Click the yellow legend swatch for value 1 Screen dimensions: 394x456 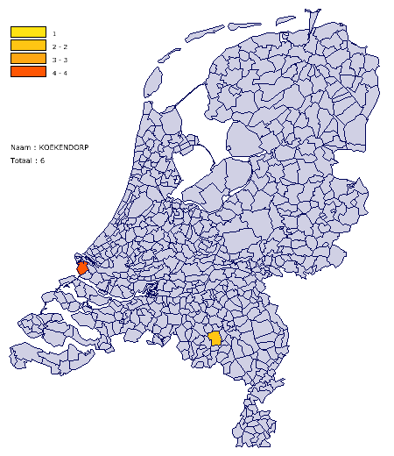[x=28, y=32]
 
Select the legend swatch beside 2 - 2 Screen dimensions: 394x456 [x=28, y=46]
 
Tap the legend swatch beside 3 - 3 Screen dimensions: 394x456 [x=28, y=59]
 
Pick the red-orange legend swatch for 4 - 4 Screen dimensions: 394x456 [x=28, y=72]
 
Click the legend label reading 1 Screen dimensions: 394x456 [x=54, y=33]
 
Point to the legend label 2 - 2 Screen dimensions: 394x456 [x=60, y=46]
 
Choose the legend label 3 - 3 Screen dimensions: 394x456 [x=60, y=60]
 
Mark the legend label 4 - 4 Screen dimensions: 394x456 [x=60, y=73]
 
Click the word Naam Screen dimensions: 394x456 [x=19, y=147]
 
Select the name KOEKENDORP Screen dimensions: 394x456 [x=66, y=147]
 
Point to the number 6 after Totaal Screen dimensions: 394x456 [x=42, y=161]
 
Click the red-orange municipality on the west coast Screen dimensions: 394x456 [x=82, y=267]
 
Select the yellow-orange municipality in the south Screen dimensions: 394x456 [x=215, y=338]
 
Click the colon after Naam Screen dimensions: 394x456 [x=35, y=147]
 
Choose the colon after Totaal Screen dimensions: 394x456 [x=36, y=161]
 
